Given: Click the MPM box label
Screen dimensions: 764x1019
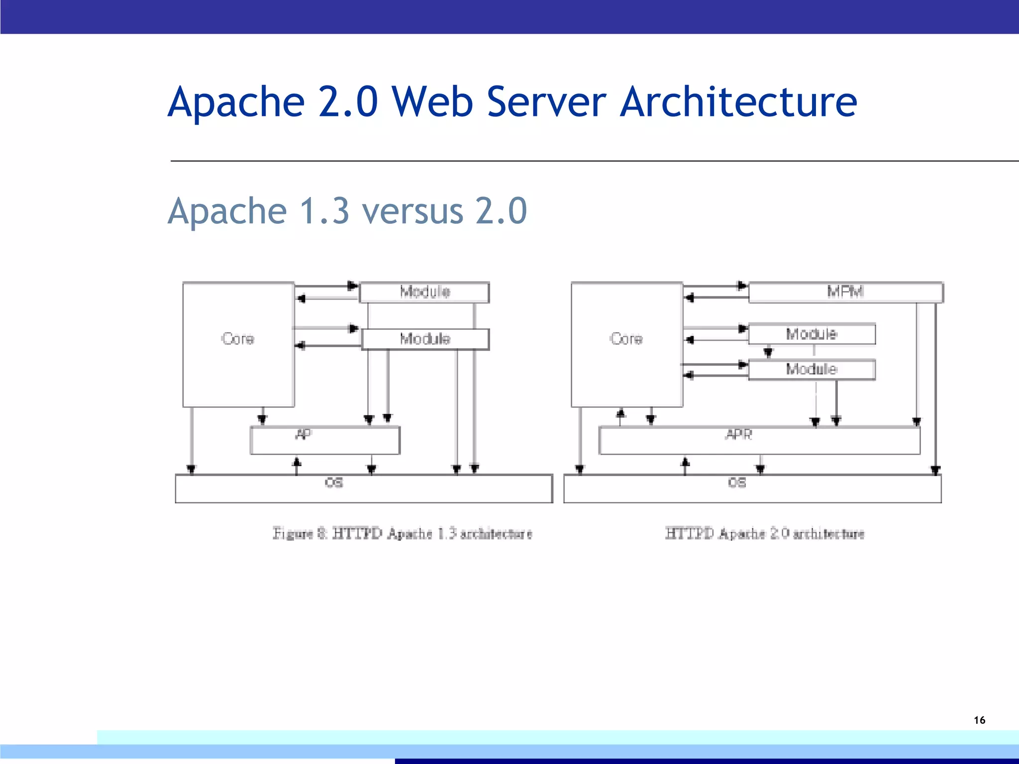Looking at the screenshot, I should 845,291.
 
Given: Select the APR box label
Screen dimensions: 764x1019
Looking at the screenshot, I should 739,434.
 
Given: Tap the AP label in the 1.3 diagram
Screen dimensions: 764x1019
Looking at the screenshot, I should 304,434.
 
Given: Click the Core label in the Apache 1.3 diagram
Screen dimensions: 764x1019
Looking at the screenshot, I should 238,339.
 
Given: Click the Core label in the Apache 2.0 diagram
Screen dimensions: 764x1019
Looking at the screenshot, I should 626,339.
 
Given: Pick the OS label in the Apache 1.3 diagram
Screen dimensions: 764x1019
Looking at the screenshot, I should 334,482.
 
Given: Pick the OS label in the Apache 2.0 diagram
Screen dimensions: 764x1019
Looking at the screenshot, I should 737,482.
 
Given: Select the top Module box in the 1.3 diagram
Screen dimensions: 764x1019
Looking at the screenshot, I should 425,292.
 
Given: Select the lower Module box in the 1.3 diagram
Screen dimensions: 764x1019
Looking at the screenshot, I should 425,339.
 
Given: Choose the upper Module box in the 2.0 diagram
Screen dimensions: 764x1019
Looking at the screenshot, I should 812,334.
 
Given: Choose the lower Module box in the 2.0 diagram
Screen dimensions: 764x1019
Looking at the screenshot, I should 812,370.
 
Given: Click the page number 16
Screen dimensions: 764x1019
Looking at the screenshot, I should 979,720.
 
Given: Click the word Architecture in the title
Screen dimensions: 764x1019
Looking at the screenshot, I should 738,102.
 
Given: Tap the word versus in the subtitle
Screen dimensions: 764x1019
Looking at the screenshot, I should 412,211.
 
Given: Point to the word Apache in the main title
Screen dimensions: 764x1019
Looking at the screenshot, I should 236,102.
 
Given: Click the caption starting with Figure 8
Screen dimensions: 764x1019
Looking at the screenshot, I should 402,534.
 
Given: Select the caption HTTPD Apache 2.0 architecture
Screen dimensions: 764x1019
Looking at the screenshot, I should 765,534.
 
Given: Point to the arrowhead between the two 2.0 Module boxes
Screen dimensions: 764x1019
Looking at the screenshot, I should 768,353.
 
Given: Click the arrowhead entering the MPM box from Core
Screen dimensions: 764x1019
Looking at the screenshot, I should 742,286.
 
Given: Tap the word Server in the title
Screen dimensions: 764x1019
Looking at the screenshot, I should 546,102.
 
